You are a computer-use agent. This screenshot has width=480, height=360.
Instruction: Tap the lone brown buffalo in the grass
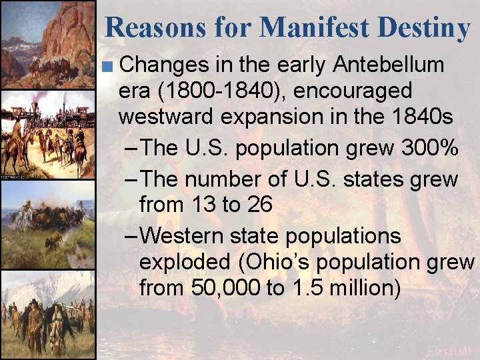53,239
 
